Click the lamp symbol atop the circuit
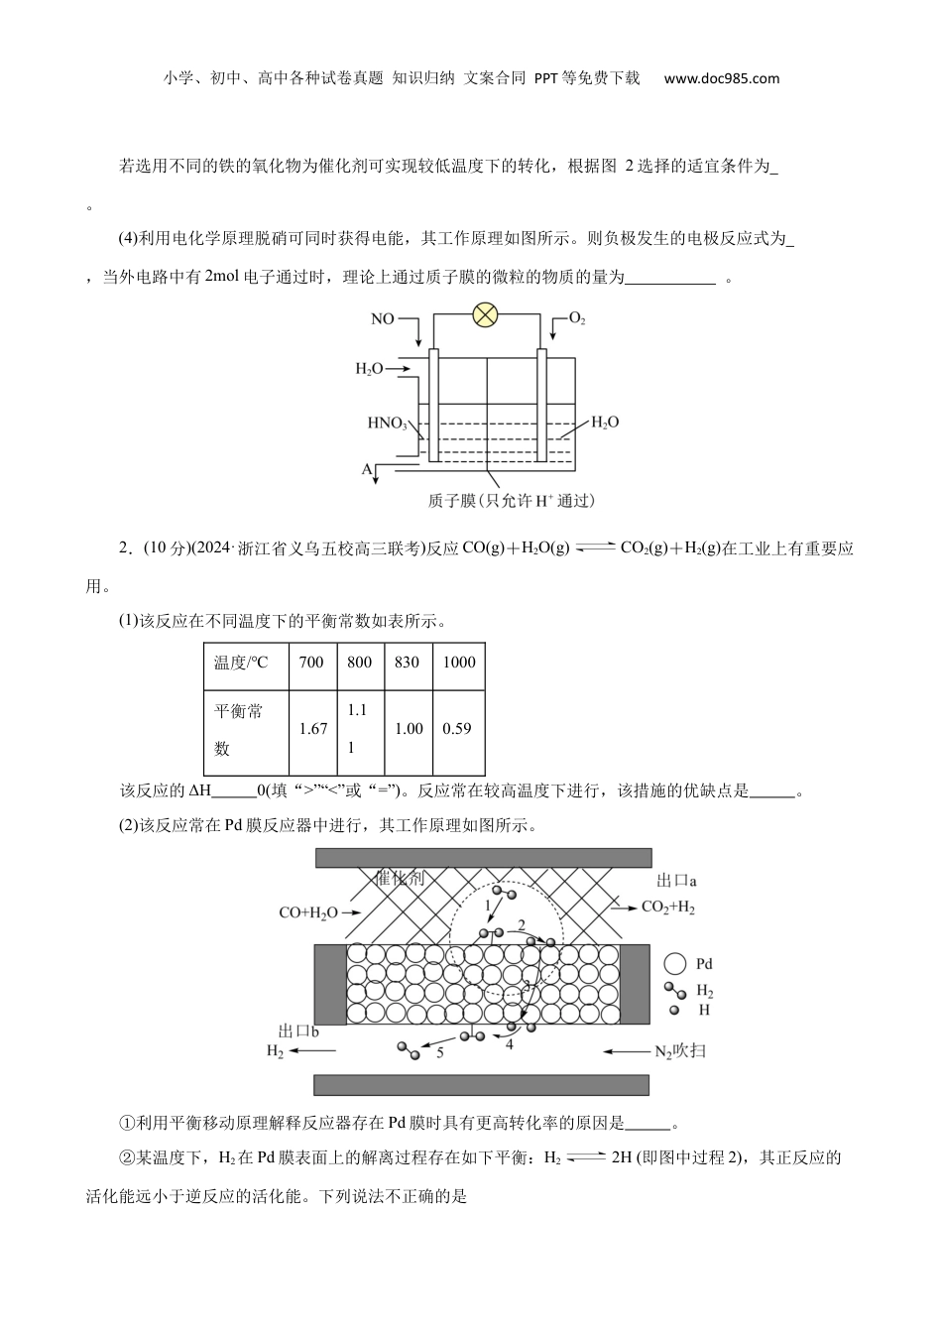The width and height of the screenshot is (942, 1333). (x=485, y=314)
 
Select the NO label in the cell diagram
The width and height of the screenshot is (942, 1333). (x=382, y=318)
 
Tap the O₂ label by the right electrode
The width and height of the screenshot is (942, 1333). (x=577, y=318)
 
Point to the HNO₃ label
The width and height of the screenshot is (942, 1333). (x=387, y=424)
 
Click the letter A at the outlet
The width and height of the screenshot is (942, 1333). (x=367, y=468)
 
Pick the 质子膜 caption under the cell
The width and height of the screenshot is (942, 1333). (x=511, y=501)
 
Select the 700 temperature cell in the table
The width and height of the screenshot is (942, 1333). (x=311, y=663)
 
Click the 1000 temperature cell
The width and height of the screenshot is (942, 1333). (x=459, y=663)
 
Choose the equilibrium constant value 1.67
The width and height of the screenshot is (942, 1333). (x=313, y=728)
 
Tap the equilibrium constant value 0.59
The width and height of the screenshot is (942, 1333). (x=457, y=728)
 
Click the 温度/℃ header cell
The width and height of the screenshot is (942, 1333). (x=241, y=663)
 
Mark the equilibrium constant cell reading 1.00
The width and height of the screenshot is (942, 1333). (x=409, y=728)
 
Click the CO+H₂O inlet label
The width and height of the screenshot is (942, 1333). (x=307, y=912)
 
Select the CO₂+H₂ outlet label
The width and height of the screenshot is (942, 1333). (x=668, y=907)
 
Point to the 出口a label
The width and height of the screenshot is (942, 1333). (x=676, y=880)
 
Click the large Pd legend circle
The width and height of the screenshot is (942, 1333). (x=675, y=963)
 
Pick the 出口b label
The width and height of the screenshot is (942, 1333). (x=297, y=1031)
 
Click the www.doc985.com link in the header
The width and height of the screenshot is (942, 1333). (x=722, y=78)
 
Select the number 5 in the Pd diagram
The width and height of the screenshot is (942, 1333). (x=440, y=1052)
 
